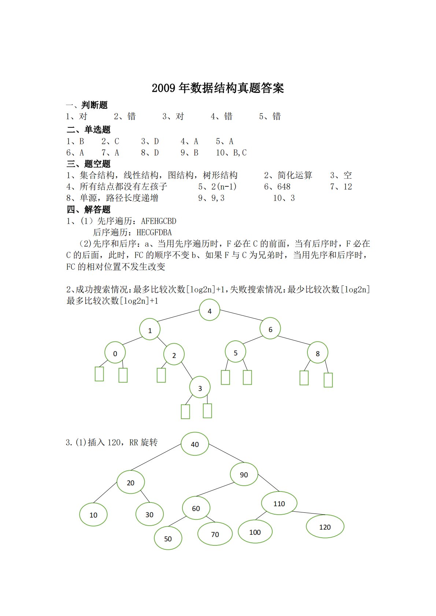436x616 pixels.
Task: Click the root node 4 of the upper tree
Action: (x=210, y=310)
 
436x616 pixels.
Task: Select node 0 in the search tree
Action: (x=115, y=353)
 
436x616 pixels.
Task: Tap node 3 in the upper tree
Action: (x=200, y=388)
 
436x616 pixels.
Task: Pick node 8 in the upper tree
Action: (x=318, y=353)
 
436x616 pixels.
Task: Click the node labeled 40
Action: (x=195, y=444)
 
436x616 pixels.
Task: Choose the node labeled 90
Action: (x=244, y=474)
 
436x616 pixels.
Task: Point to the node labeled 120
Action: (x=325, y=527)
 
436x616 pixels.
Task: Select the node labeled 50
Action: (x=168, y=538)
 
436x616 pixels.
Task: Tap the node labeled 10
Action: (x=93, y=515)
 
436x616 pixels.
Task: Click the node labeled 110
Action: (x=279, y=503)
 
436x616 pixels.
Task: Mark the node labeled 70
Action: (x=215, y=534)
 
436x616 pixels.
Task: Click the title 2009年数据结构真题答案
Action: (x=218, y=88)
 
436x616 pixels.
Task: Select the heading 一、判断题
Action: (x=87, y=105)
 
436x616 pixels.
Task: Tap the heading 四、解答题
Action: (x=88, y=209)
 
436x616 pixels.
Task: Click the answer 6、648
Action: (x=277, y=187)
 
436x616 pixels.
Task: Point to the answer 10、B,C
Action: (x=231, y=153)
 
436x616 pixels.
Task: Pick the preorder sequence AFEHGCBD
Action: (x=159, y=221)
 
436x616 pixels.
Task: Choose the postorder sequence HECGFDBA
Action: (x=154, y=232)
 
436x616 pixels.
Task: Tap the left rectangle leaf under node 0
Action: (x=99, y=374)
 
